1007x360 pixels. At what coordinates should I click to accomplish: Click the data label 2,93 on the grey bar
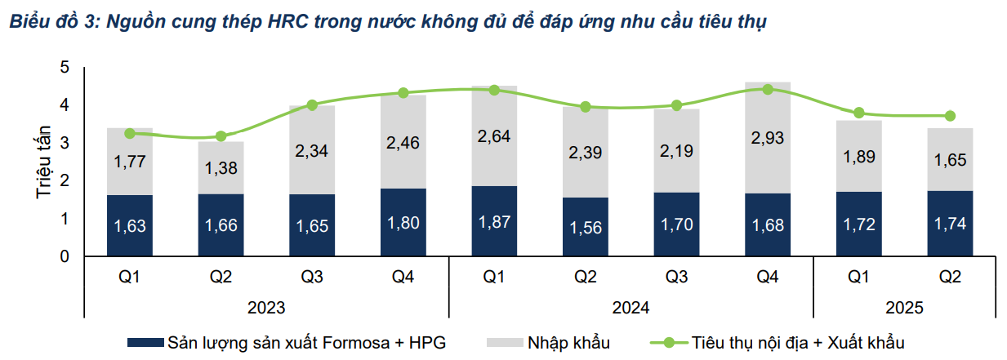[768, 138]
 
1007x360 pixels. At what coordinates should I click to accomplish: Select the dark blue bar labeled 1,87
[494, 221]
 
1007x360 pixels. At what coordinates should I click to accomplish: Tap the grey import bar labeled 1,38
[221, 168]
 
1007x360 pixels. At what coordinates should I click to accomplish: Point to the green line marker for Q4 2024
[768, 90]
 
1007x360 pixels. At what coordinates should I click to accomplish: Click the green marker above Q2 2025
[950, 116]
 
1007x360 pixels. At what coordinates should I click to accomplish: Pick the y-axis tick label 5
[65, 68]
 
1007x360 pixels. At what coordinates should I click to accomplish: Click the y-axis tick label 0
[65, 256]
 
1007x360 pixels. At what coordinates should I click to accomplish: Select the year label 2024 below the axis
[630, 308]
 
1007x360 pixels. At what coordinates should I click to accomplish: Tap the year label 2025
[904, 308]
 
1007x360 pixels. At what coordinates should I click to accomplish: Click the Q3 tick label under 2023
[312, 277]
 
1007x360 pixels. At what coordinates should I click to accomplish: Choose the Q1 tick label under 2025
[858, 277]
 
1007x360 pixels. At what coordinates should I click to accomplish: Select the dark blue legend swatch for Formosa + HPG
[145, 343]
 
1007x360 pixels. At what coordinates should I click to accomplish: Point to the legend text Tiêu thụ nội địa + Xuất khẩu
[798, 343]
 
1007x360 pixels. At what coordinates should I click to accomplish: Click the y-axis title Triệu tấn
[43, 162]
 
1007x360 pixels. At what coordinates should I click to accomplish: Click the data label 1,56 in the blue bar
[586, 228]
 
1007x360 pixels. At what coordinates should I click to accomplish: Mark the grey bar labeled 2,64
[494, 136]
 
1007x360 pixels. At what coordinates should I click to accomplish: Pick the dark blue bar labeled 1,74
[950, 224]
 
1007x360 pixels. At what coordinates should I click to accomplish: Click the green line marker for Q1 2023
[130, 134]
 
